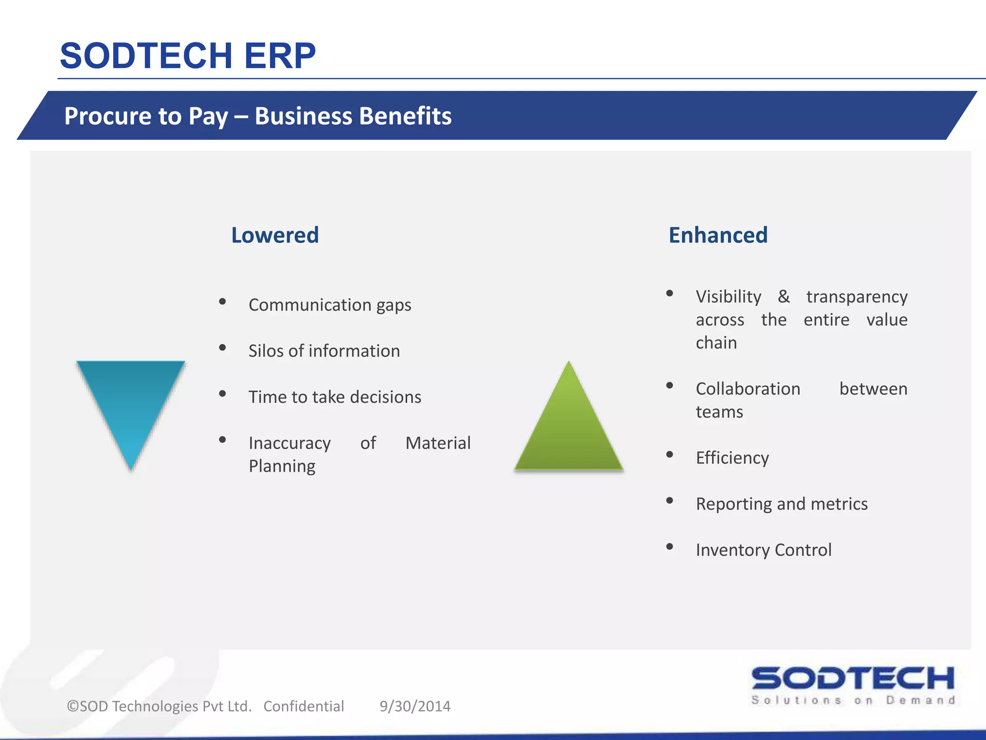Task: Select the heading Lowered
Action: pos(275,235)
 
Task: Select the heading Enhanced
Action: pos(718,235)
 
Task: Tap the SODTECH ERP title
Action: pos(188,56)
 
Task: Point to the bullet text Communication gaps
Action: pos(330,305)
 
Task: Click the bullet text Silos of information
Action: pos(324,351)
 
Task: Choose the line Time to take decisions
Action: pos(335,397)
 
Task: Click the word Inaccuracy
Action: pos(290,443)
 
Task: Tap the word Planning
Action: pos(282,466)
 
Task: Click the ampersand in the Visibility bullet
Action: pos(784,296)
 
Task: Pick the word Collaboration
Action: pos(748,389)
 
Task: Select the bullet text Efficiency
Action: pos(732,458)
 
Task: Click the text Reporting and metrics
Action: pos(781,504)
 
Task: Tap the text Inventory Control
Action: pos(764,550)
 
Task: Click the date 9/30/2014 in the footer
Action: pos(415,706)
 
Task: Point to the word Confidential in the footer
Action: pos(304,706)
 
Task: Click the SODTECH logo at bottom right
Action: pos(853,684)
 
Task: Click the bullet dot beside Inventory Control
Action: pos(670,546)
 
